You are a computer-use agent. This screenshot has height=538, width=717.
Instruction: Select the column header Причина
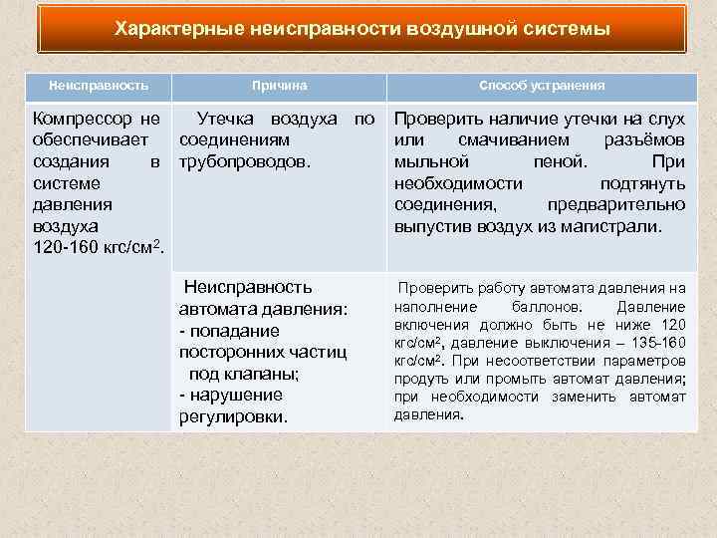(x=279, y=87)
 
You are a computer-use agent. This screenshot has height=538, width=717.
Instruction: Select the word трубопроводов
(x=245, y=161)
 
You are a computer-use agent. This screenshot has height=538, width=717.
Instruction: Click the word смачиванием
(x=513, y=140)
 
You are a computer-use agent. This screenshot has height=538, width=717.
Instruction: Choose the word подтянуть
(x=642, y=183)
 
